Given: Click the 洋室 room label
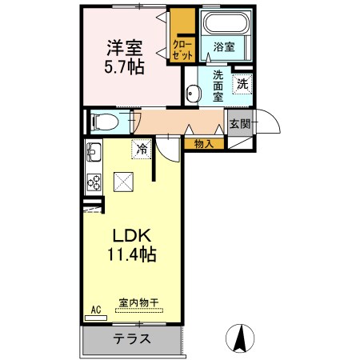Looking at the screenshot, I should point(126,46).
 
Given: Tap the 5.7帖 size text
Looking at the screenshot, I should point(126,66).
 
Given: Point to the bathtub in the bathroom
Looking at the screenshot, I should point(226,24).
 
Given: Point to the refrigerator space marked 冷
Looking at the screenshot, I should point(142,148).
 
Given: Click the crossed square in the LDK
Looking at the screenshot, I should point(124,182).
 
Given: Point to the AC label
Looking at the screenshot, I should point(95,309).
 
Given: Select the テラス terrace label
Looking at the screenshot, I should point(132,338).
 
